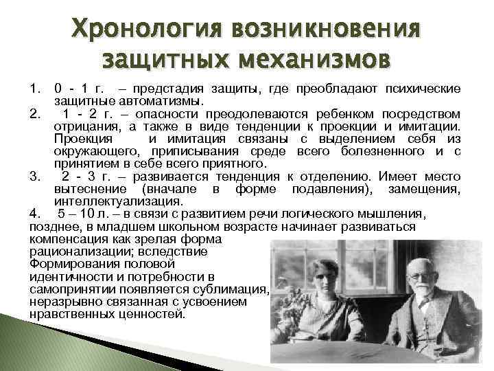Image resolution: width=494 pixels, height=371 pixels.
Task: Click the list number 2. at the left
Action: (x=36, y=111)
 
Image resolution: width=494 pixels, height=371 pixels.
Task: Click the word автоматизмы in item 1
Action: (x=157, y=101)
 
